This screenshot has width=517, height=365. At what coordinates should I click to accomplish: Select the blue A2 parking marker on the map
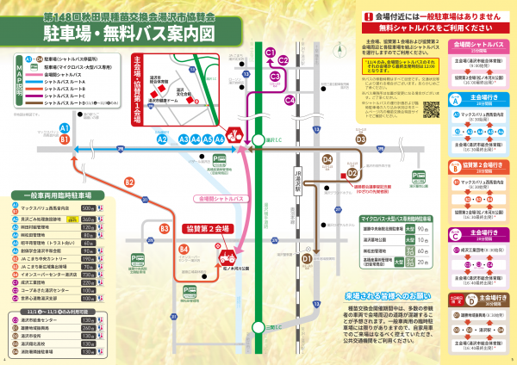pos(161,138)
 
